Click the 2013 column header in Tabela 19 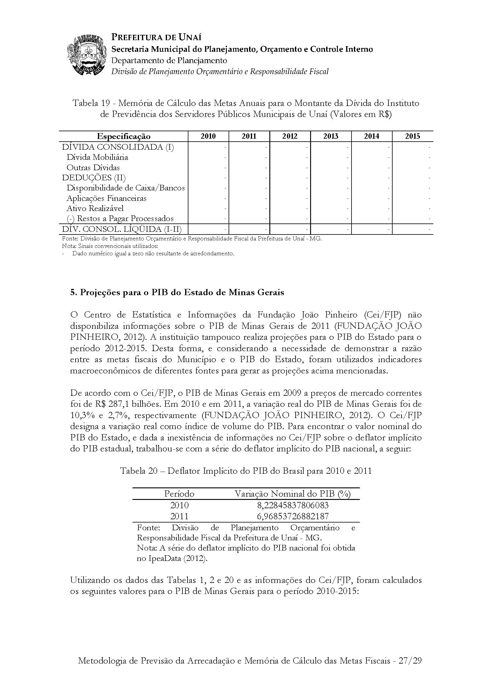click(331, 136)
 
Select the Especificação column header click(124, 136)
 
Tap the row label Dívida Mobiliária click(97, 157)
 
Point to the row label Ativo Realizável click(95, 208)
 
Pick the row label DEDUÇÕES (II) click(94, 178)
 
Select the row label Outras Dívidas click(93, 167)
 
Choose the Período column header click(179, 494)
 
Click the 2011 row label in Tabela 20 click(179, 516)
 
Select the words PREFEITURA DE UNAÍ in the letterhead click(157, 37)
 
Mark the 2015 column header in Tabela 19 click(413, 136)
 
